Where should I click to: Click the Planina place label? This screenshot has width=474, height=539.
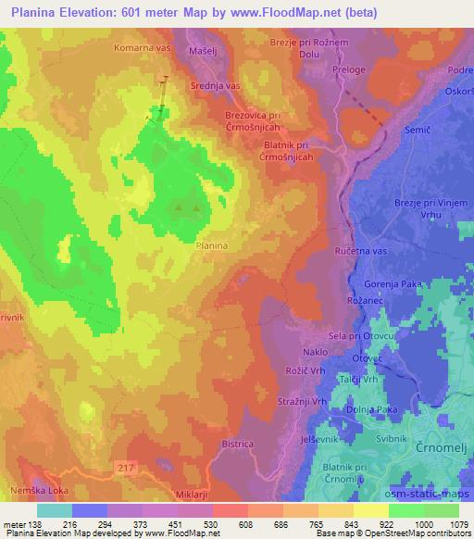click(212, 245)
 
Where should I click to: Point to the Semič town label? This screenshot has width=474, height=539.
click(418, 132)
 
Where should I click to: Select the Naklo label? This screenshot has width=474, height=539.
click(315, 354)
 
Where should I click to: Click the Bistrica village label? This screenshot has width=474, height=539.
click(238, 445)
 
